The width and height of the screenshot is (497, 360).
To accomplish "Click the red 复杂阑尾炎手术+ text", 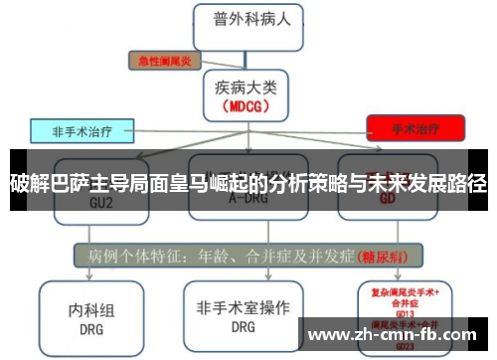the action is (x=406, y=290).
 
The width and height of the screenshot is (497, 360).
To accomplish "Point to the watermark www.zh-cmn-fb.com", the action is (x=399, y=335).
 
